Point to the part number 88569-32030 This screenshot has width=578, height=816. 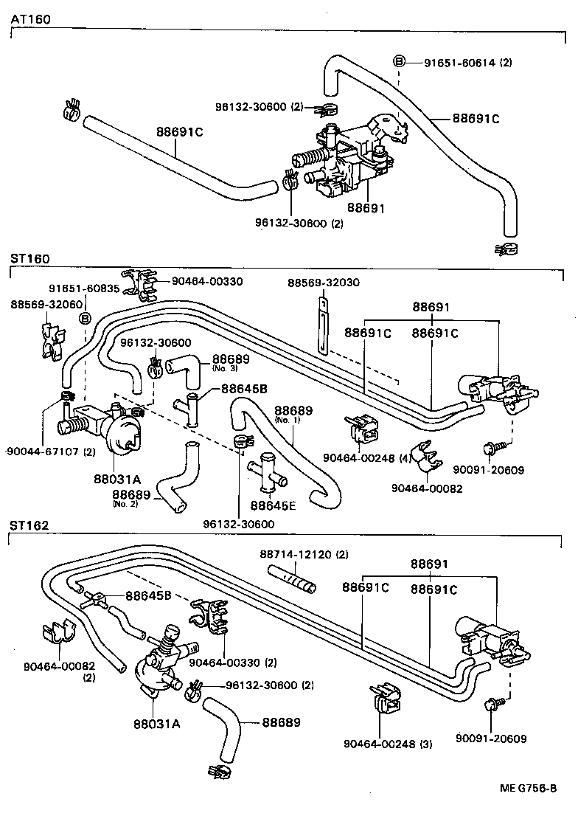(324, 283)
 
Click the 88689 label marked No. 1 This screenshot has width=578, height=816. (294, 410)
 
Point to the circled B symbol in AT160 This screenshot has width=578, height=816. (399, 62)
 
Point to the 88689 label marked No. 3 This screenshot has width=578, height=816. (231, 359)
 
